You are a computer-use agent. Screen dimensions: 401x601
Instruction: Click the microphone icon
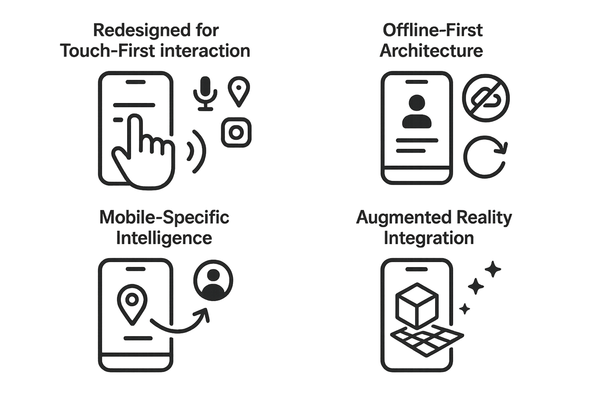pos(205,93)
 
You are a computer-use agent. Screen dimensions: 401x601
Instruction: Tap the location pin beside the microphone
pos(239,91)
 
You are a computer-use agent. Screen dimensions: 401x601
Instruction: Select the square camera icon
pos(236,132)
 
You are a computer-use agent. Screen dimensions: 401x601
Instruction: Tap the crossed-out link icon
pos(486,98)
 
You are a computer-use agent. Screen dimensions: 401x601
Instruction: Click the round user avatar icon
pos(213,280)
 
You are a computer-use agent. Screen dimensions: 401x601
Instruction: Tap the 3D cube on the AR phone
pos(417,305)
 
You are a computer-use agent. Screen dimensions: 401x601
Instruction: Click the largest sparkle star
pos(493,269)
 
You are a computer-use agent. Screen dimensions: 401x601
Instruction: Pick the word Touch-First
pos(99,51)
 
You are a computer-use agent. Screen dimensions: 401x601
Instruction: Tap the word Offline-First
pos(432,30)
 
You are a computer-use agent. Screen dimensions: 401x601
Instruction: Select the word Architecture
pos(431,51)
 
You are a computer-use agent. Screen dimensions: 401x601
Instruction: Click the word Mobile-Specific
pos(164,217)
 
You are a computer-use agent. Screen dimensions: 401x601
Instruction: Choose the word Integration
pos(428,238)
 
